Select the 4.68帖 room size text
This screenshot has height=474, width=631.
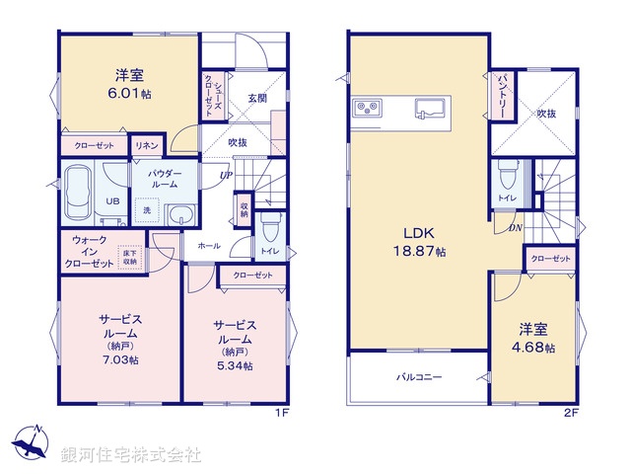(x=537, y=349)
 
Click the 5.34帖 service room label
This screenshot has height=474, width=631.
(x=236, y=365)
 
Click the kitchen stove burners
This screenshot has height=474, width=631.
(x=366, y=107)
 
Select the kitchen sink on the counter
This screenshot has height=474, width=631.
(x=428, y=107)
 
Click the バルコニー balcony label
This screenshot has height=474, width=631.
(x=420, y=377)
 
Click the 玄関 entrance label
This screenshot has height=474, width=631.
(x=257, y=98)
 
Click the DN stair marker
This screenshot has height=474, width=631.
(x=515, y=229)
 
